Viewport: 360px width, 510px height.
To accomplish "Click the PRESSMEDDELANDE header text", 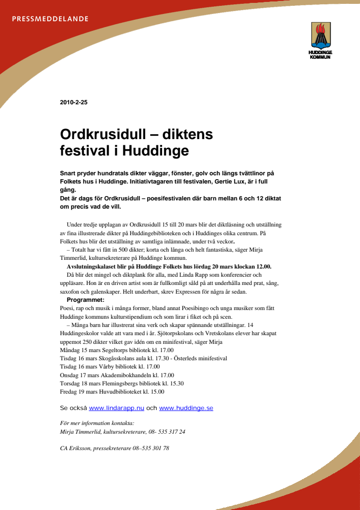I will point(50,19).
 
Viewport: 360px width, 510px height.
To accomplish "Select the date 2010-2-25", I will point(74,102).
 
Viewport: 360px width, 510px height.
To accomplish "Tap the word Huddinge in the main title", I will point(155,151).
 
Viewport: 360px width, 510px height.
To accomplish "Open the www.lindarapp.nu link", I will point(117,408).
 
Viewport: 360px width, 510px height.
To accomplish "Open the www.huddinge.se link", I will point(186,408).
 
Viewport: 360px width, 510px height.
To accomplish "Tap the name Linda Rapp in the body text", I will point(171,275).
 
